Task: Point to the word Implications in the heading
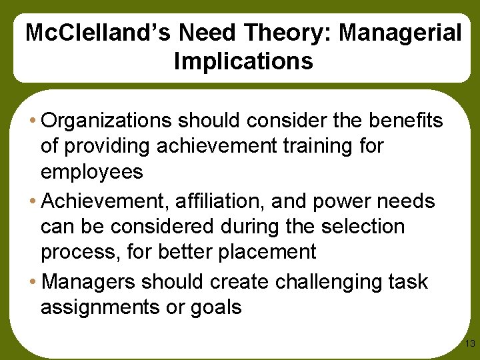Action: pos(243,61)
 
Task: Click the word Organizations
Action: pos(110,121)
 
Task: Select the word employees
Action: pos(92,172)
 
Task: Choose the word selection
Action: pos(363,226)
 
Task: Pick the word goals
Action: pos(216,307)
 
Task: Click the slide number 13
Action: pos(469,344)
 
